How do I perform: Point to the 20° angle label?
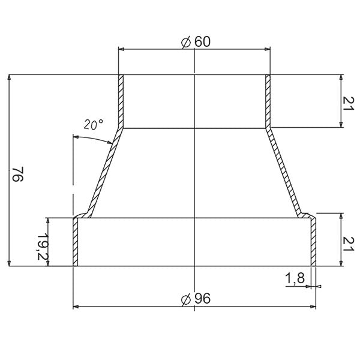94,125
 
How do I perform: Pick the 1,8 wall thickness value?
294,278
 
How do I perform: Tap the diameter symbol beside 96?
185,299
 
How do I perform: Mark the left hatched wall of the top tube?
121,101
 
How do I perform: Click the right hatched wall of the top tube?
268,101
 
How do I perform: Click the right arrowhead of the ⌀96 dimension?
312,307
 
